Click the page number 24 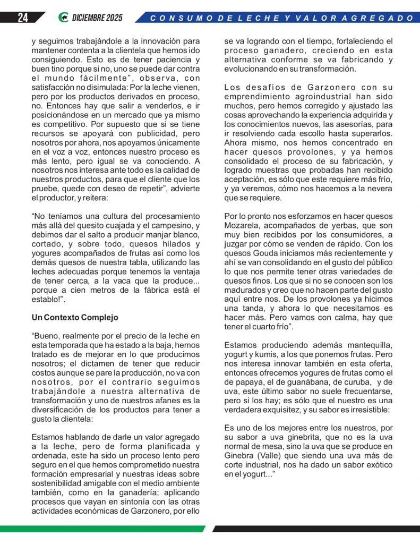point(23,18)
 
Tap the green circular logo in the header point(63,18)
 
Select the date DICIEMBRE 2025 point(98,18)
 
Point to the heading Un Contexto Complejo point(75,317)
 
